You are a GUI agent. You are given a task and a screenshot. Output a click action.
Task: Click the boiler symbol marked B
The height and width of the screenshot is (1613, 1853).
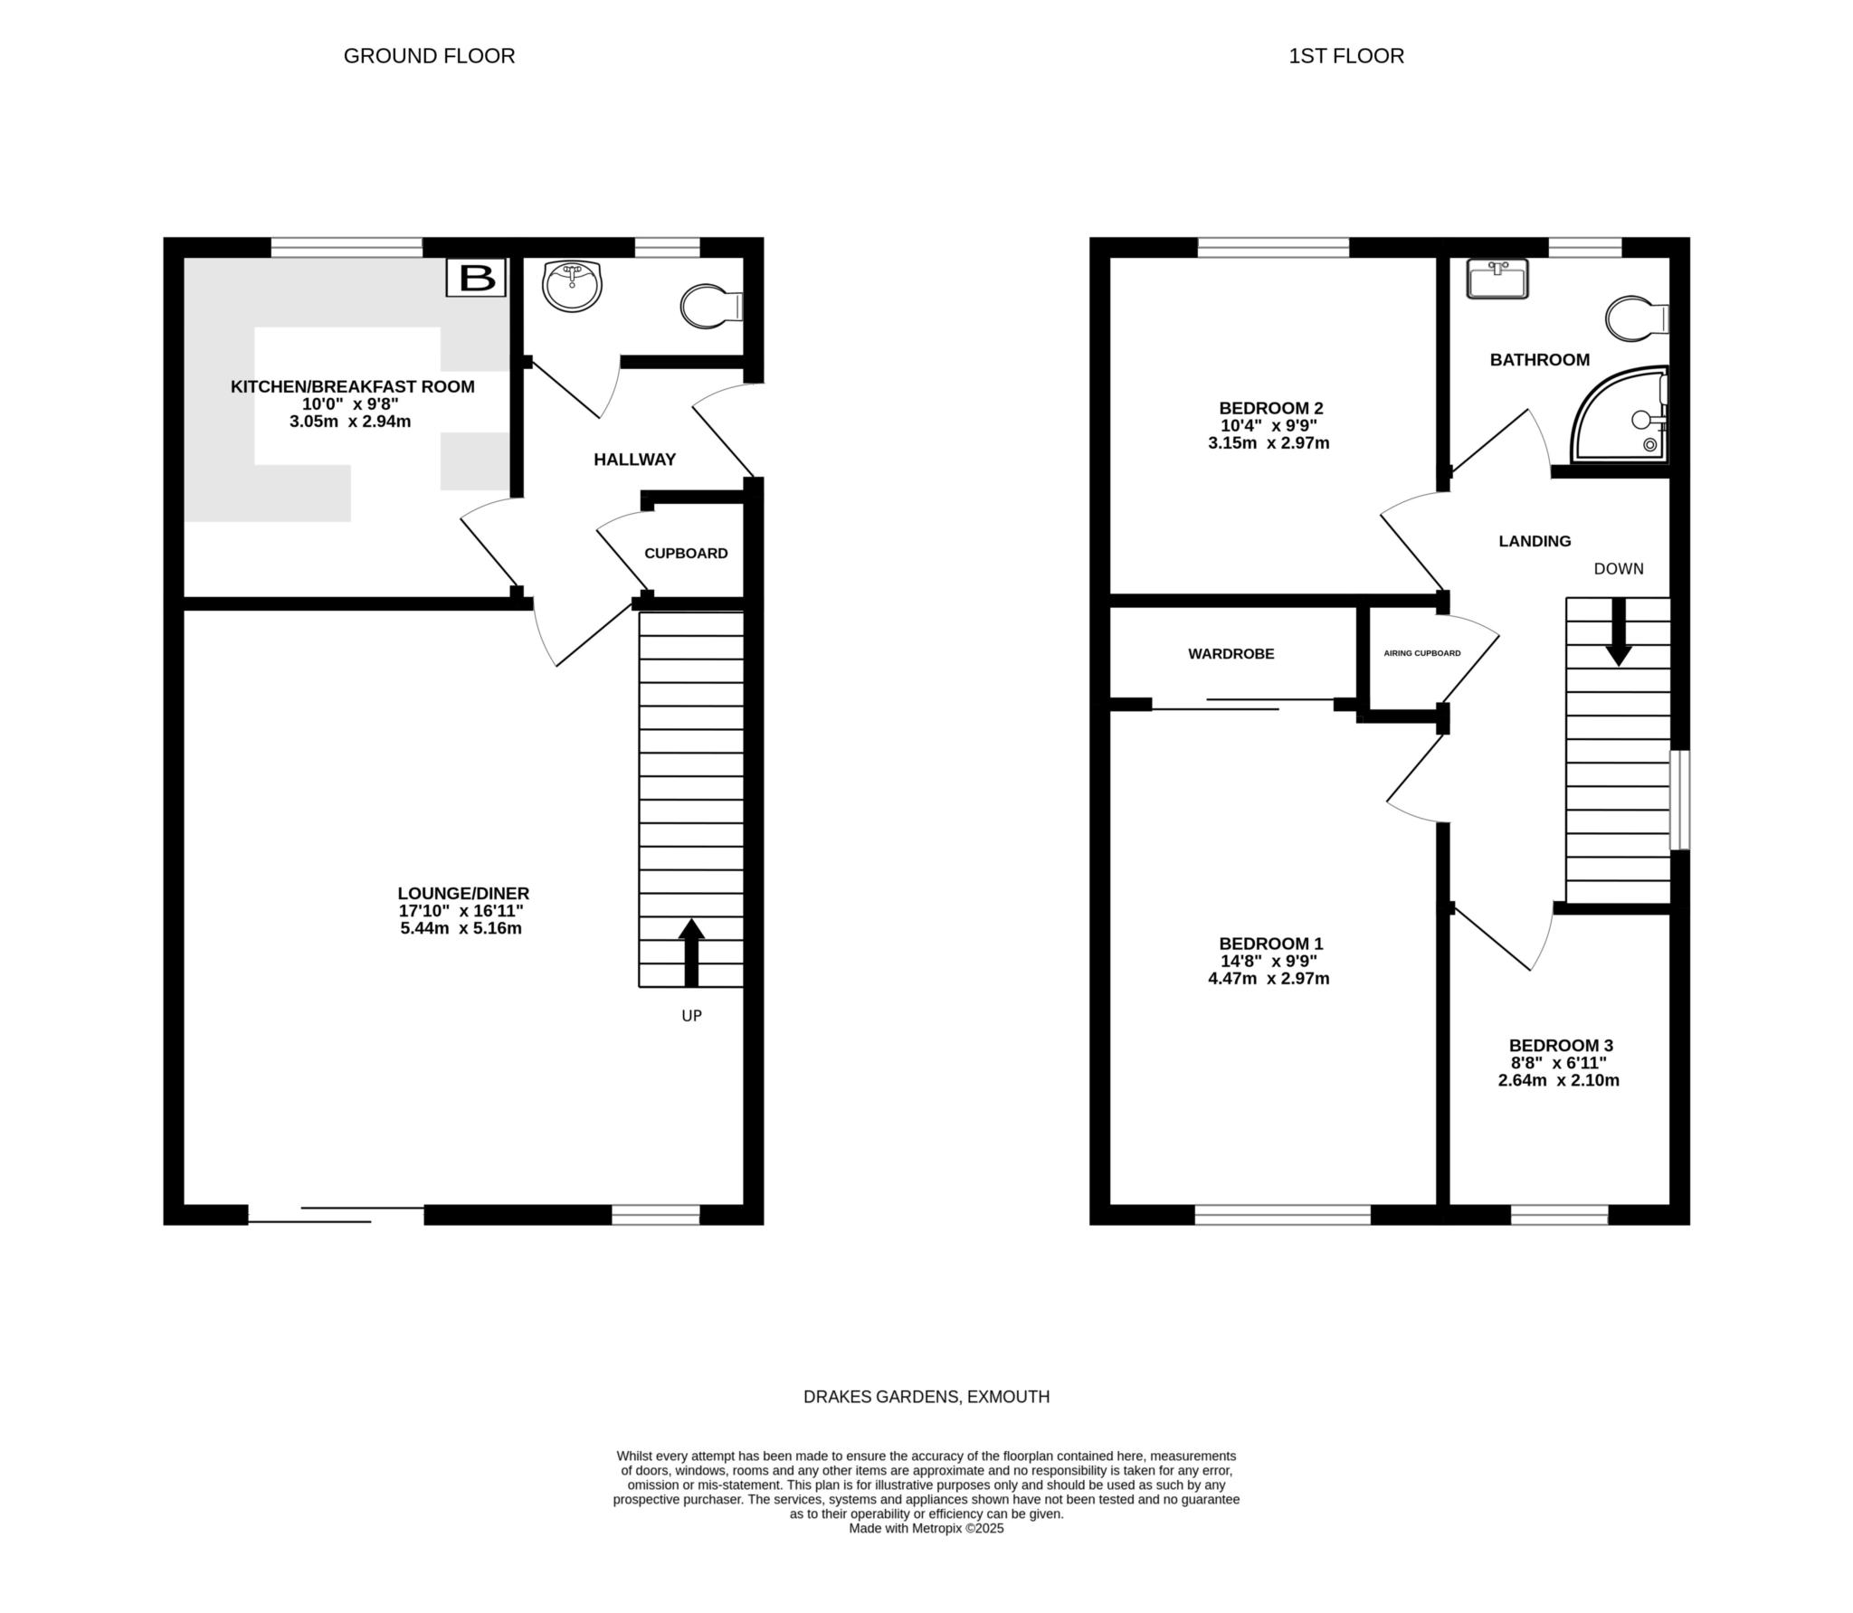476,278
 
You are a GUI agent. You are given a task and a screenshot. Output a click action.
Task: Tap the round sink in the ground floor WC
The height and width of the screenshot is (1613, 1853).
572,285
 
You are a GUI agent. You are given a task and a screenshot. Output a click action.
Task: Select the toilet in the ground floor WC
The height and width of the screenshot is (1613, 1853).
712,307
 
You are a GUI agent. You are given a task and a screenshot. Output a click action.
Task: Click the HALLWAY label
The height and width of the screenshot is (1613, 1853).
634,460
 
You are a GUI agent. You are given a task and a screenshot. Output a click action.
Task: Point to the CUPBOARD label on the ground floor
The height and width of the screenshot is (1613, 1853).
686,554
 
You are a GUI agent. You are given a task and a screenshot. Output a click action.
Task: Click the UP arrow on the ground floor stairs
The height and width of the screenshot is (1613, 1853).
691,953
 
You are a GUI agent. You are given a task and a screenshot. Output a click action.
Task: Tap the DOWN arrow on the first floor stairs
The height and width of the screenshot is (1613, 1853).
1618,632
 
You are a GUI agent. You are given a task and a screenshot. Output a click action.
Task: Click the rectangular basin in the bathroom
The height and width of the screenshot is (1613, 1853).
1497,278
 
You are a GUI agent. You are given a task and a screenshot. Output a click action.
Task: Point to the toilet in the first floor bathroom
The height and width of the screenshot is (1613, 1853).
1638,318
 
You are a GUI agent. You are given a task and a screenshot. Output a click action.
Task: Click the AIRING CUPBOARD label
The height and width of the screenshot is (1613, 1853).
1422,653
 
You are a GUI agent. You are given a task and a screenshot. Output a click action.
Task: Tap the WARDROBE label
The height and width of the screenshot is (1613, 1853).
1231,654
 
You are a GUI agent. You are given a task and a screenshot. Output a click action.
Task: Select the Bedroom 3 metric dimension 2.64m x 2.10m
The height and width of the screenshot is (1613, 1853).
1559,1080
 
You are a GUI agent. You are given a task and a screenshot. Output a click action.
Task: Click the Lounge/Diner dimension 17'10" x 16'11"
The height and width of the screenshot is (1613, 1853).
461,911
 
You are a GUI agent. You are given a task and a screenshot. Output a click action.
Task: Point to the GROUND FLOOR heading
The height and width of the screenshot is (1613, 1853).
429,56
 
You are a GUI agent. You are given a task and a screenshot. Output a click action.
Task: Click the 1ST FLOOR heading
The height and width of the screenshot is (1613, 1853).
1346,56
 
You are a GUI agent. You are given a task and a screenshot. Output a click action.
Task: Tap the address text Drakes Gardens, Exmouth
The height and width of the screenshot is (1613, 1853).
926,1397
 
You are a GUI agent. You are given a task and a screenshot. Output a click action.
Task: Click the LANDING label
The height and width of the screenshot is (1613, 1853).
1535,542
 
